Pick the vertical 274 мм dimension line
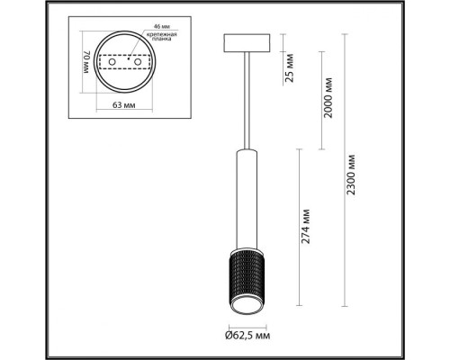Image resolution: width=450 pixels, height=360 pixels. tap(298, 229)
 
